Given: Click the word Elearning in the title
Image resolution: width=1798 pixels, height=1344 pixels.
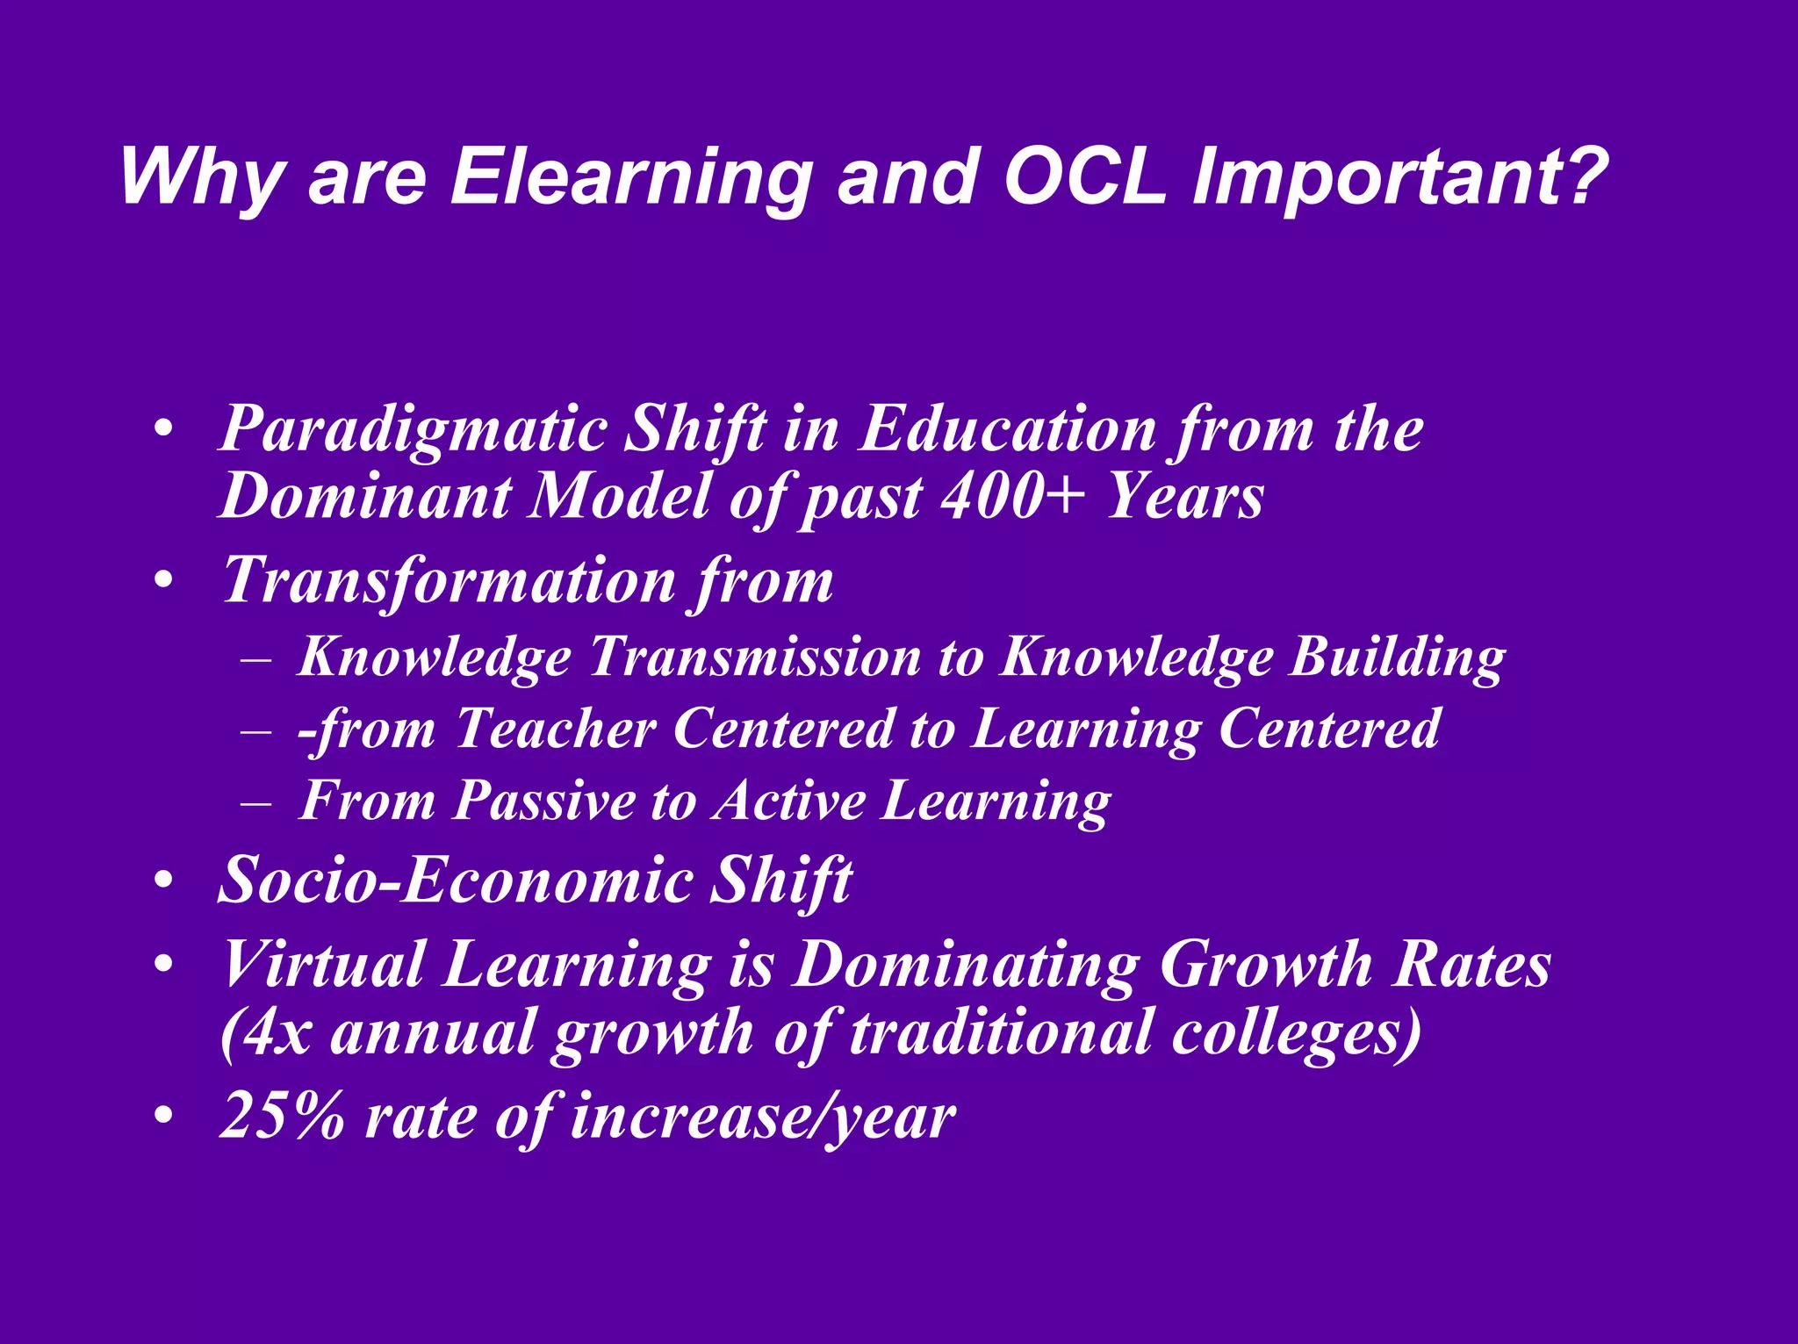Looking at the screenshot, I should [630, 177].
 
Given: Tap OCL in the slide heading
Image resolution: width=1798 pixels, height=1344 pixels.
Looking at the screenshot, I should [1084, 177].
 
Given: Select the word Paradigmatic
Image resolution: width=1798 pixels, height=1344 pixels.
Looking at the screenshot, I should [413, 430].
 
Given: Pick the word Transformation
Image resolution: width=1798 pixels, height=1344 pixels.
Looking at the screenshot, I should [449, 580].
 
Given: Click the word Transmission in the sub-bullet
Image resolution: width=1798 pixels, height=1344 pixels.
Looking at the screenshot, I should [754, 656].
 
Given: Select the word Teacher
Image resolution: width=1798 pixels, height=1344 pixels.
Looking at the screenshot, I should [555, 729].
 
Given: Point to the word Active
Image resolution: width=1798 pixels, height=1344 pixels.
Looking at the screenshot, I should [788, 801].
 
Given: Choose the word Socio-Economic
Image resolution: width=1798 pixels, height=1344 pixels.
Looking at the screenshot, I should [454, 880].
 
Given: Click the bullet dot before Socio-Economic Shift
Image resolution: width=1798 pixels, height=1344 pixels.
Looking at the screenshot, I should [163, 880].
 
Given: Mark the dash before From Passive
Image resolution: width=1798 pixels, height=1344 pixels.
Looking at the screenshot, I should [255, 802].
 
